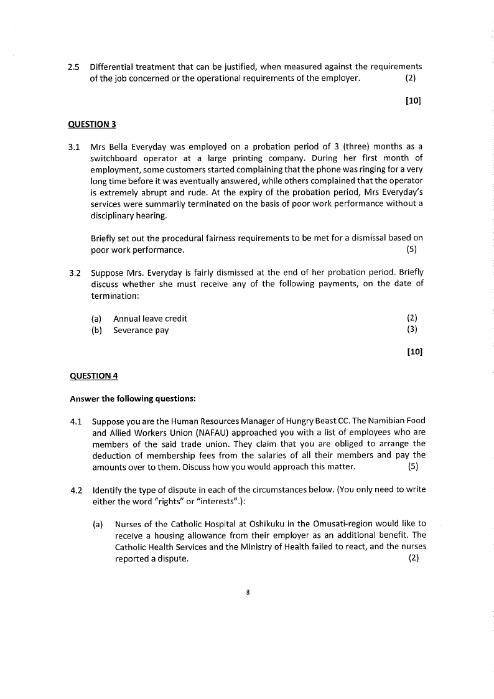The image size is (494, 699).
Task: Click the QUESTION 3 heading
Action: click(91, 123)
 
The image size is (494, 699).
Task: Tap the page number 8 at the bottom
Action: click(248, 593)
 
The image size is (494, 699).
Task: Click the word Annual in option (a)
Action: click(127, 319)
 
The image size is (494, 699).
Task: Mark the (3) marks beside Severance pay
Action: click(411, 330)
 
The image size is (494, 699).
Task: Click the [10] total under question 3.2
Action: click(414, 352)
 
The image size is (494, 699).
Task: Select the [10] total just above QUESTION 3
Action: click(413, 101)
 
